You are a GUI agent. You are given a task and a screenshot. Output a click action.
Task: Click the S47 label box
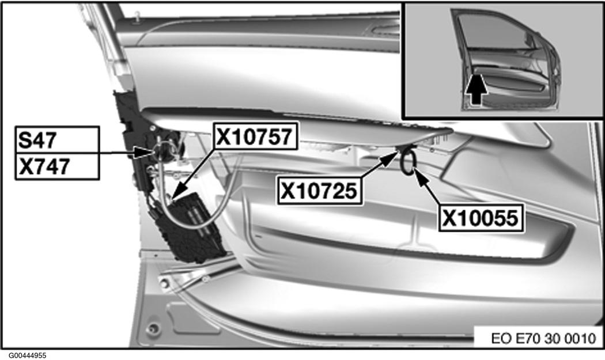(x=57, y=139)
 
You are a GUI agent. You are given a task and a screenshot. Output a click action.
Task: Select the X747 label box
(x=57, y=166)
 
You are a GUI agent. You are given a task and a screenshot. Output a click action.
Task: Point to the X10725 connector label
(x=319, y=191)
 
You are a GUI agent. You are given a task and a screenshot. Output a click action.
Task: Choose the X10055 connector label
(x=481, y=218)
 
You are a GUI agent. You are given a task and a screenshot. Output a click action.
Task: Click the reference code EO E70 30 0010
(x=544, y=338)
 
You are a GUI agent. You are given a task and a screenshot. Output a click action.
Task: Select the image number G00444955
(x=28, y=355)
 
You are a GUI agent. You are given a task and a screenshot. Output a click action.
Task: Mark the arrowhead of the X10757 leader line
(x=177, y=194)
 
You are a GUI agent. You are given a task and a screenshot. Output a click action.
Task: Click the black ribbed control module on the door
(x=189, y=228)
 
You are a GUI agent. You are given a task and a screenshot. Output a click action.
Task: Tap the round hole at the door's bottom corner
(x=154, y=328)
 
